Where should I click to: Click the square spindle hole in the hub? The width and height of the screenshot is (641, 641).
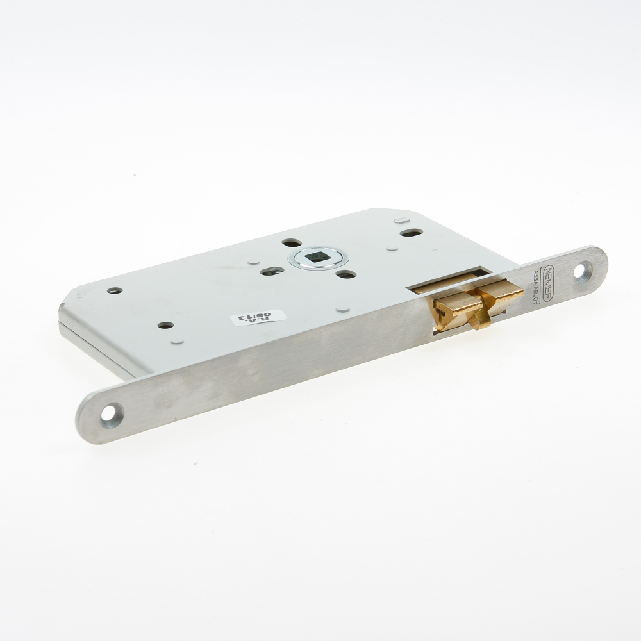point(318,258)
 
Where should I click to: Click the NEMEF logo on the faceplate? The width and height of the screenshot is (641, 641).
point(549,278)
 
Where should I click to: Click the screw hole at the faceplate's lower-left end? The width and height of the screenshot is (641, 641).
point(110,412)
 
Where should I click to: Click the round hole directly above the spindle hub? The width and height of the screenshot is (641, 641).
point(292,243)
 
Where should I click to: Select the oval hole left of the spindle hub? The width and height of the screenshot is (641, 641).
point(272,271)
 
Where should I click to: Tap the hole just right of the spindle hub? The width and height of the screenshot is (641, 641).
point(346,274)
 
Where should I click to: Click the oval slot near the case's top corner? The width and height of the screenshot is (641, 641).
point(412,232)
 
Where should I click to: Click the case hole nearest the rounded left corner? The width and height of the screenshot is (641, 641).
point(115,290)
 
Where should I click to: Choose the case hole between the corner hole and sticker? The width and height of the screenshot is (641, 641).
point(165,325)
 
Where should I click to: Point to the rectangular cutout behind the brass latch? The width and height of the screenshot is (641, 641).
point(449,280)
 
